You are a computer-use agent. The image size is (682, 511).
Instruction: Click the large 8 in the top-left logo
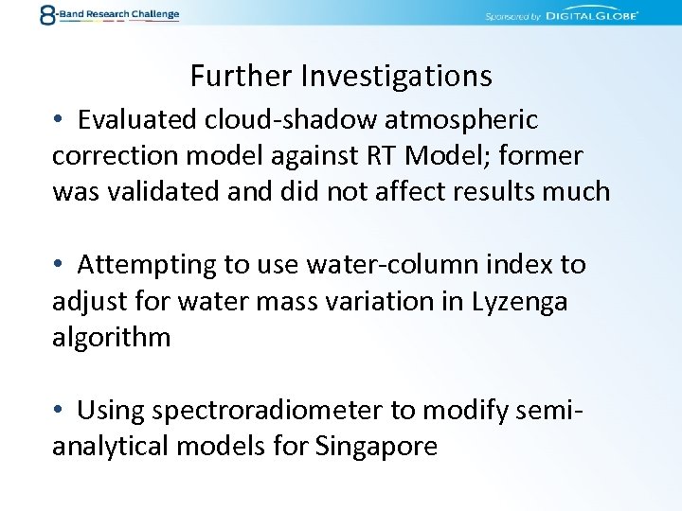[x=47, y=15]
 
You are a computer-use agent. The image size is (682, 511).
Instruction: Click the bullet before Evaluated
[x=59, y=120]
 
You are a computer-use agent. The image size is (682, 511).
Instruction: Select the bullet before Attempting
[x=59, y=265]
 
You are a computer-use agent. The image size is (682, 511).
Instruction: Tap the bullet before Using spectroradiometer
[x=59, y=411]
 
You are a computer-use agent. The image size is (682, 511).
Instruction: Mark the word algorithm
[x=111, y=338]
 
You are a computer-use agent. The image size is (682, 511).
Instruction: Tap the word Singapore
[x=377, y=447]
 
